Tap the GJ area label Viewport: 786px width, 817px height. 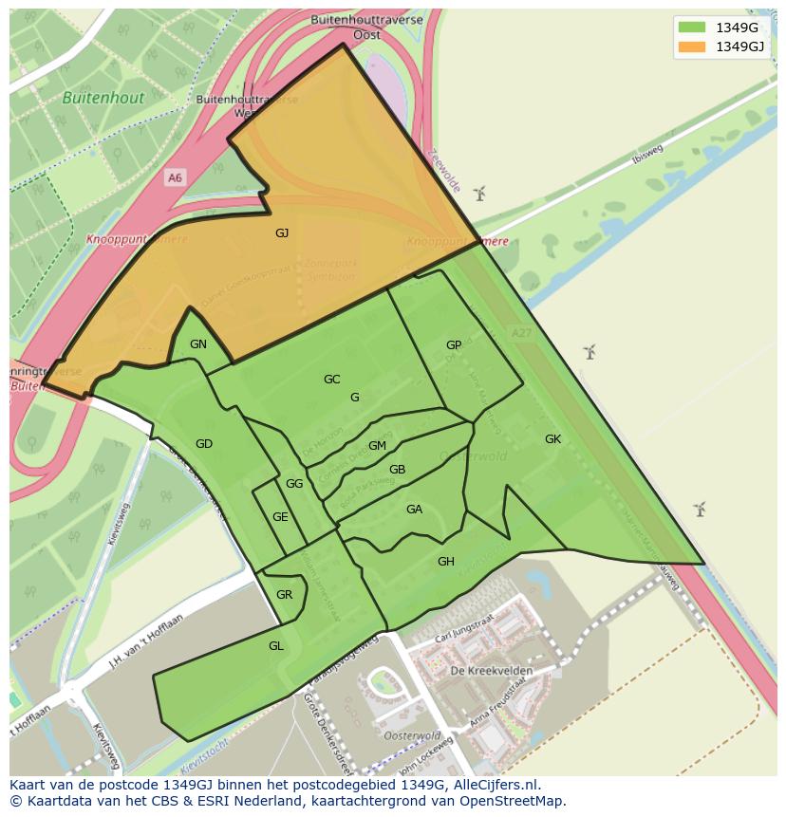click(282, 232)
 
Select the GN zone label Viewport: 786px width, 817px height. click(197, 344)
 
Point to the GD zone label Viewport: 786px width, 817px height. click(204, 443)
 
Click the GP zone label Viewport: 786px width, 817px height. click(454, 345)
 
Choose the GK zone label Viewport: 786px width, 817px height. click(553, 438)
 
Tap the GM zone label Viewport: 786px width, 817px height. click(377, 446)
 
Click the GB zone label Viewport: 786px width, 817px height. click(398, 470)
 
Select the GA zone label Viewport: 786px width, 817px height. click(414, 510)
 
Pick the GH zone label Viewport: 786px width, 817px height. click(445, 562)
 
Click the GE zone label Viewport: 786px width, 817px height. click(280, 517)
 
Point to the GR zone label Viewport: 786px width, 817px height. click(284, 595)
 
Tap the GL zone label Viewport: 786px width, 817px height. click(276, 645)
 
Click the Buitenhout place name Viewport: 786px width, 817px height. click(103, 98)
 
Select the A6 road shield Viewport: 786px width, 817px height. click(175, 177)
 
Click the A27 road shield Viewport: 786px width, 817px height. click(520, 334)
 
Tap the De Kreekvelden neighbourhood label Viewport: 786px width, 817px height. click(492, 671)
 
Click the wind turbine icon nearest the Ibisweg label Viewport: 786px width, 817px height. click(479, 195)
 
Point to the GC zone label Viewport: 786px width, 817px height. click(331, 380)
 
